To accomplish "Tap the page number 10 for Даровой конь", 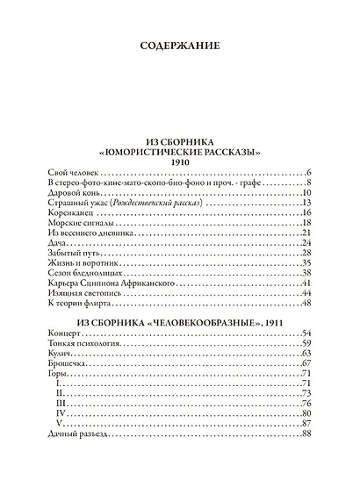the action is click(307, 192).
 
